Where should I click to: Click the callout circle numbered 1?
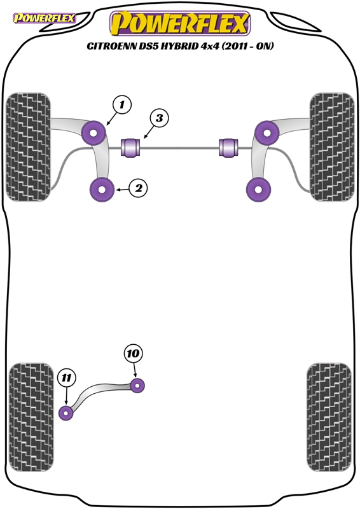click(121, 105)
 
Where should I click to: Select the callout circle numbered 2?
click(138, 188)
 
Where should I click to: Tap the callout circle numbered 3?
click(159, 118)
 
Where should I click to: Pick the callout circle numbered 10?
click(133, 354)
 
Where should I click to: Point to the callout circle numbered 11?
click(67, 378)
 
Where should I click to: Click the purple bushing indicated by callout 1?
click(93, 133)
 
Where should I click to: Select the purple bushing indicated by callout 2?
click(102, 190)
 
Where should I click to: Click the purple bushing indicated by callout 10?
click(137, 386)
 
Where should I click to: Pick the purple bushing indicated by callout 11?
click(66, 413)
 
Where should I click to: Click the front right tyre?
click(332, 147)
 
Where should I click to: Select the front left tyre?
click(28, 147)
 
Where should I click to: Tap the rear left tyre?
click(31, 417)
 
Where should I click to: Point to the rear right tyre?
click(329, 417)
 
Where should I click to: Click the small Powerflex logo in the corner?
click(44, 18)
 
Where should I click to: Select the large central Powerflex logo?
click(180, 23)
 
